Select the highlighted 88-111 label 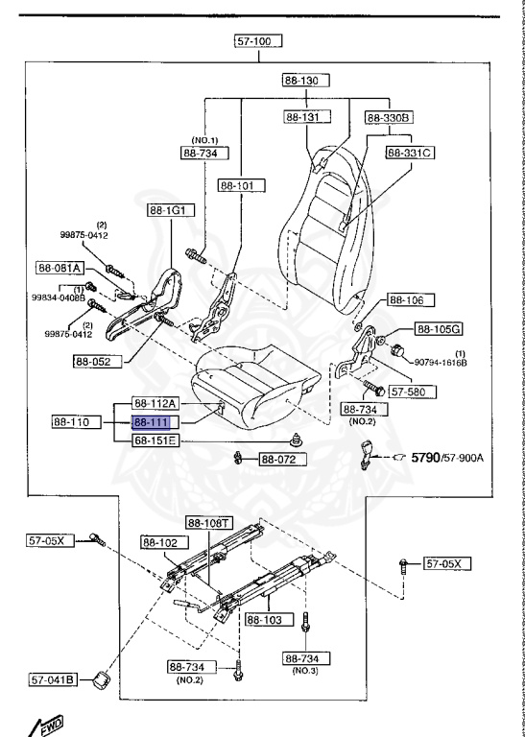click(152, 421)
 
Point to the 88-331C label click(411, 152)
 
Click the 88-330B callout click(389, 117)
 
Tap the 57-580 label click(415, 392)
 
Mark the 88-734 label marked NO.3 click(306, 659)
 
